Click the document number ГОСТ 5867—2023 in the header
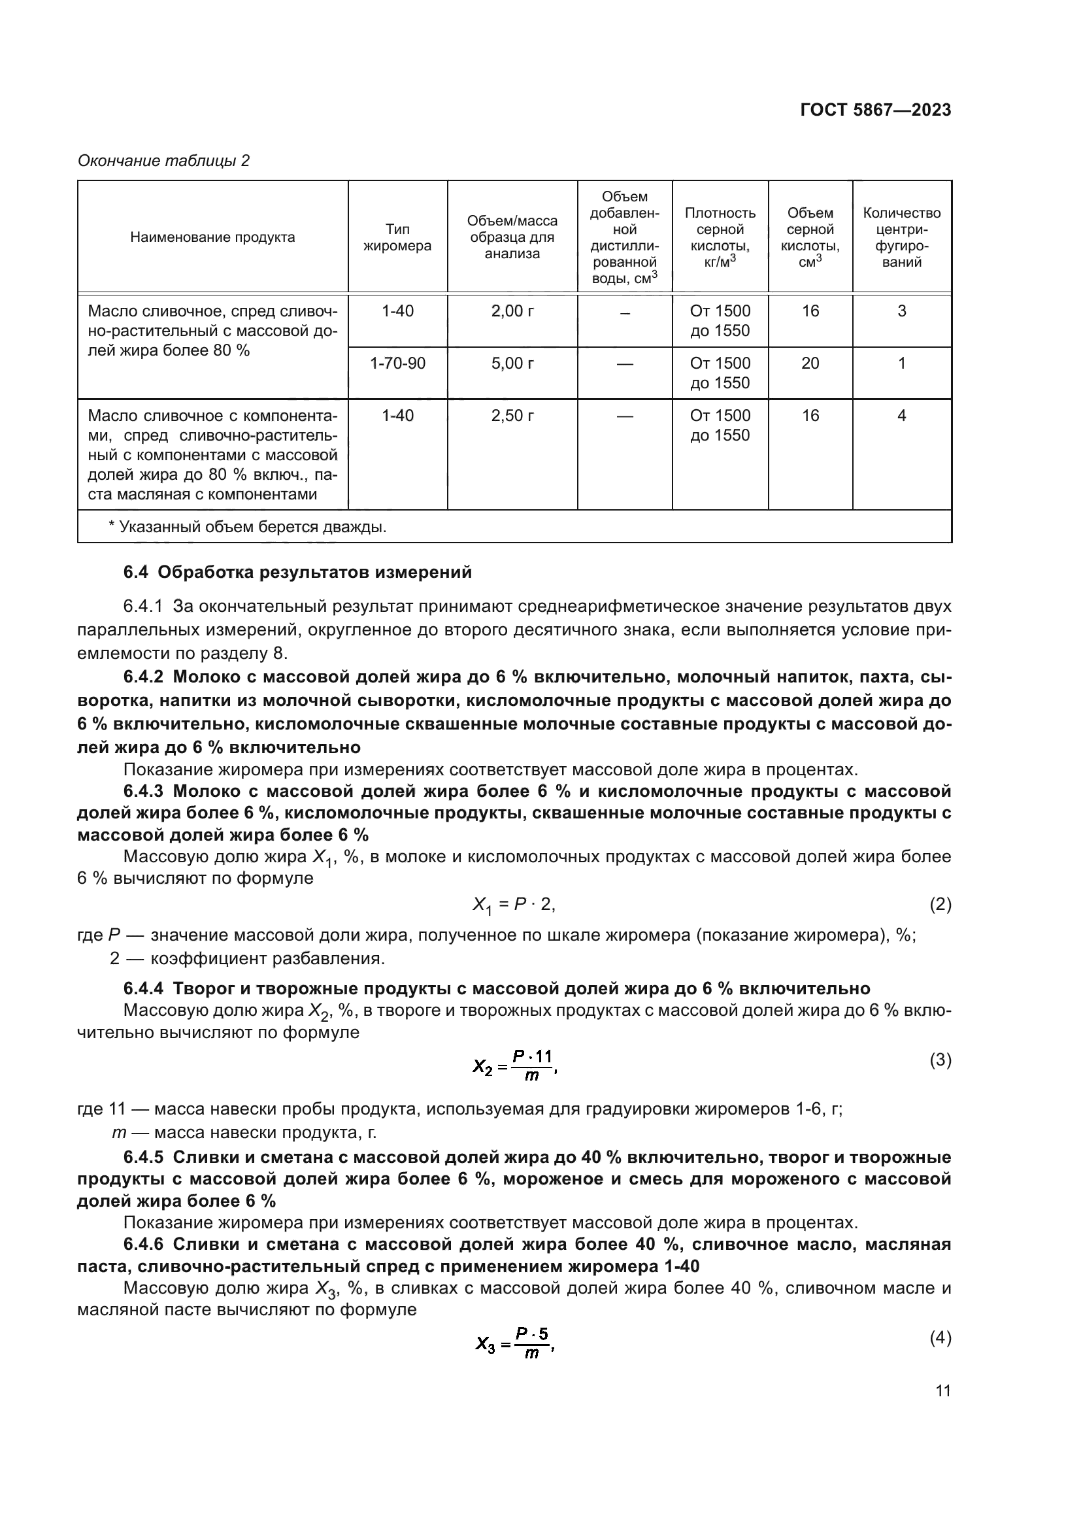875,110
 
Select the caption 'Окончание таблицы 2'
164,161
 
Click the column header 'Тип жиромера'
397,238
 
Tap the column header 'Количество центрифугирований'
901,237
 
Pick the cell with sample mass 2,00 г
512,311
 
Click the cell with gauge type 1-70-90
397,363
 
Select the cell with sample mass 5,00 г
512,363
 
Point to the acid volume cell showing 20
810,363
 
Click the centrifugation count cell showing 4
901,416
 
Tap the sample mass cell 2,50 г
512,416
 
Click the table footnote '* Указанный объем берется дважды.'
247,527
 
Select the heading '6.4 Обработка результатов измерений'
297,572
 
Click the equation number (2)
940,904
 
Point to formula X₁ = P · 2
513,904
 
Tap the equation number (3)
940,1060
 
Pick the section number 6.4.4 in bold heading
144,988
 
